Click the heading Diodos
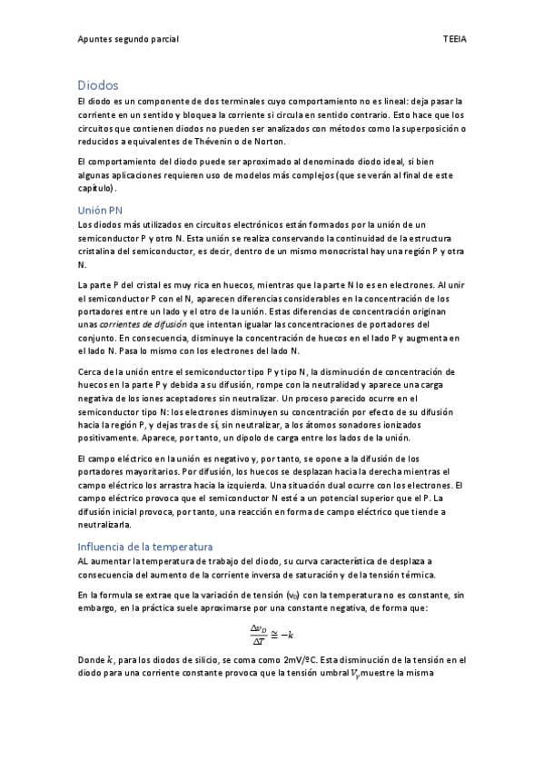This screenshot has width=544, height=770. pyautogui.click(x=98, y=84)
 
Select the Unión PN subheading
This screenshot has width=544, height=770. pyautogui.click(x=100, y=210)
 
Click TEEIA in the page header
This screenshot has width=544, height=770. pyautogui.click(x=454, y=40)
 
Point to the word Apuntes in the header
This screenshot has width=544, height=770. pyautogui.click(x=96, y=40)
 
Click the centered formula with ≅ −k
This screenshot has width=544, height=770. pyautogui.click(x=271, y=634)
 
